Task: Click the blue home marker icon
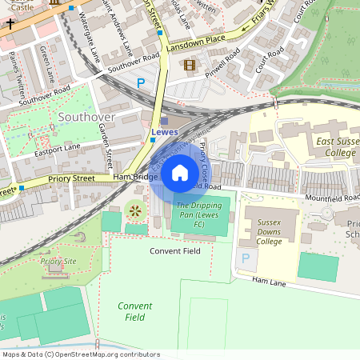coord(180,172)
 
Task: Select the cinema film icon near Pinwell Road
coord(189,65)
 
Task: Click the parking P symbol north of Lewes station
coord(142,82)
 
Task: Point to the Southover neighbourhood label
coord(86,117)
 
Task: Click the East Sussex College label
coord(325,147)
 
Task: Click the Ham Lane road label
coord(269,281)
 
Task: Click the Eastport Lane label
coord(58,148)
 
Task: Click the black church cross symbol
coord(10,24)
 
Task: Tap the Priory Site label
coord(58,261)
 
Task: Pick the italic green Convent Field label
coord(134,311)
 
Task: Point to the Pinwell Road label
coord(222,62)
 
